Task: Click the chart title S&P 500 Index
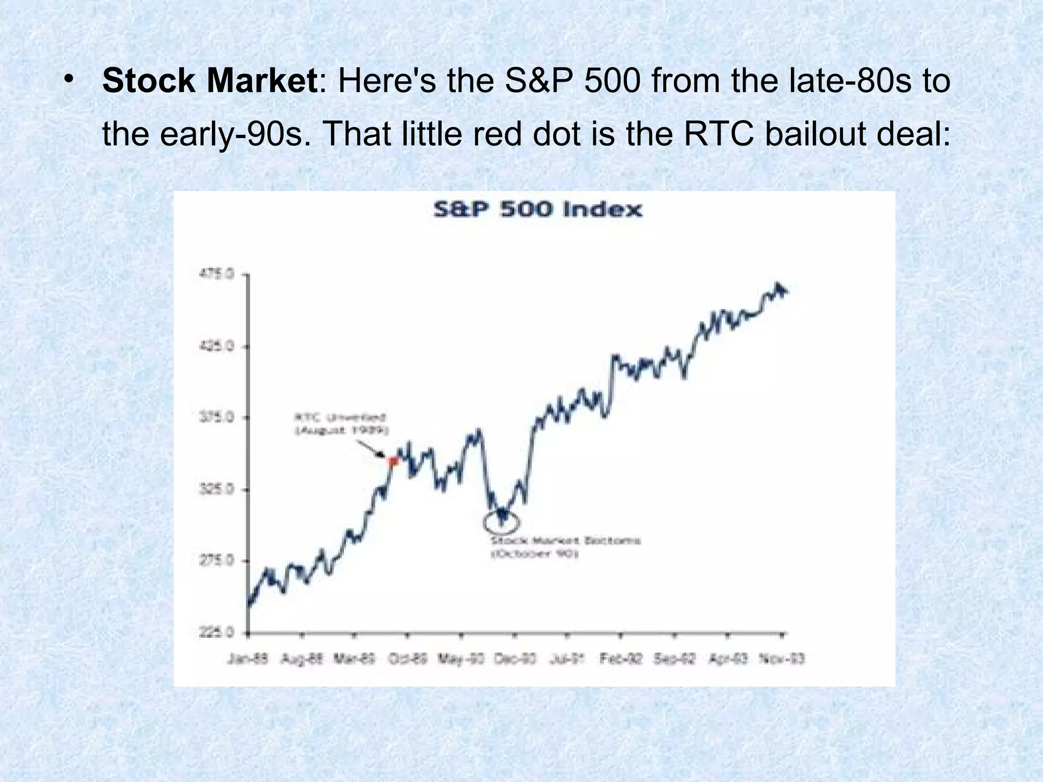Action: click(x=538, y=210)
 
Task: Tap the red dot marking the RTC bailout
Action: click(x=393, y=461)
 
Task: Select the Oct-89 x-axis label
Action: click(x=407, y=659)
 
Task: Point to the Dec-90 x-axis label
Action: click(x=515, y=659)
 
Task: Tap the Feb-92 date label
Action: click(x=621, y=659)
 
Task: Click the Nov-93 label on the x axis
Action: click(x=782, y=659)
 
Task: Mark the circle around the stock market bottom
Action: click(x=501, y=521)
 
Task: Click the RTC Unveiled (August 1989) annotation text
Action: click(x=341, y=424)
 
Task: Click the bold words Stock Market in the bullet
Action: click(x=210, y=81)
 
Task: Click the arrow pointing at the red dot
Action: click(x=370, y=449)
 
